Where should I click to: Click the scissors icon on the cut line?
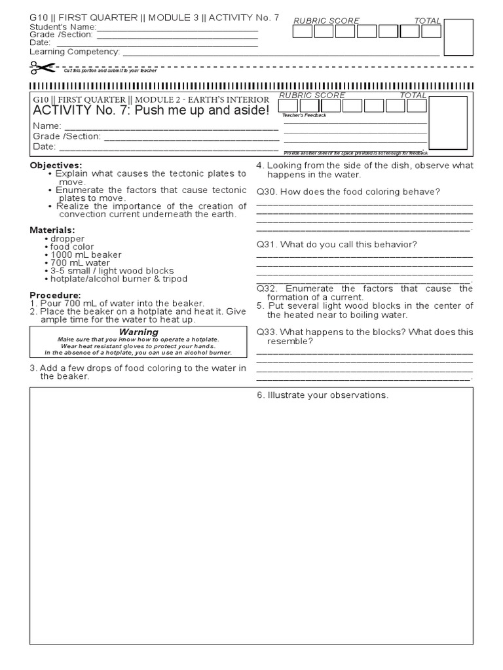click(x=42, y=67)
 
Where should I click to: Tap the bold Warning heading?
click(x=138, y=332)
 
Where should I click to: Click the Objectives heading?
click(x=56, y=166)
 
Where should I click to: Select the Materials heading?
click(x=52, y=230)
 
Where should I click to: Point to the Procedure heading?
click(x=55, y=295)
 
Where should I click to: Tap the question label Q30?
click(x=267, y=191)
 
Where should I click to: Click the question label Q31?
click(x=267, y=244)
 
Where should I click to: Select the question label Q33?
click(x=267, y=332)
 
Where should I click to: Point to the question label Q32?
click(x=267, y=289)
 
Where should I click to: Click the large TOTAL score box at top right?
click(x=458, y=38)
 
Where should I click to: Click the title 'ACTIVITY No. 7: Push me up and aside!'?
click(x=151, y=110)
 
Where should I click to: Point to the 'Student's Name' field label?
click(x=63, y=27)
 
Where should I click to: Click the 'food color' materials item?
click(x=71, y=247)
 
